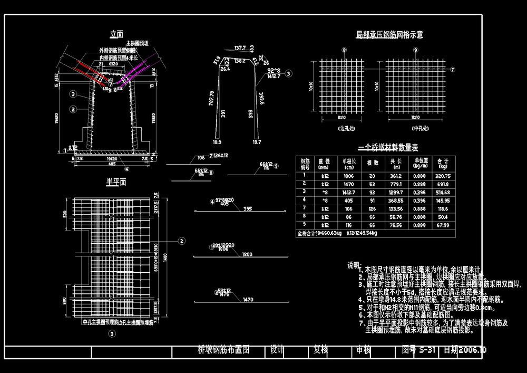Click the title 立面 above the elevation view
(116, 34)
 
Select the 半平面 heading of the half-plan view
(116, 182)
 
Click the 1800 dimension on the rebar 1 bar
(247, 254)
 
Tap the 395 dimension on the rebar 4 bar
(247, 209)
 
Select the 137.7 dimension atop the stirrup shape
(240, 48)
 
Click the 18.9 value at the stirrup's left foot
(217, 142)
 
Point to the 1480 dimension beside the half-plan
(165, 256)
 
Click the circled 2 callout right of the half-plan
(182, 241)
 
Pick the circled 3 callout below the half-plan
(112, 333)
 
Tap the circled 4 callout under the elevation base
(126, 169)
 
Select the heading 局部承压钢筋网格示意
(389, 35)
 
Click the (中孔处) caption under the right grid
(416, 128)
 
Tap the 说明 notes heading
(354, 265)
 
